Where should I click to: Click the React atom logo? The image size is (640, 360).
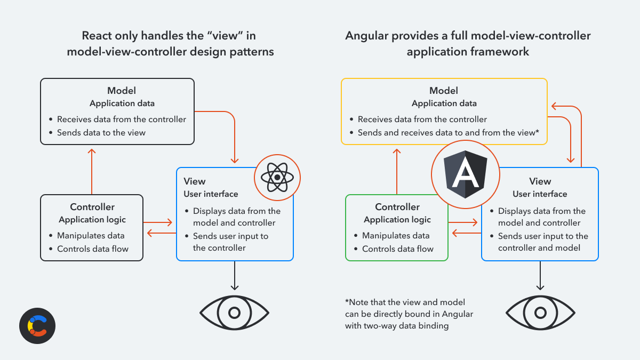tap(277, 178)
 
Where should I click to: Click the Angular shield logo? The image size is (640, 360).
tap(466, 174)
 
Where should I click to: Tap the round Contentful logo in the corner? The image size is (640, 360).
tap(37, 326)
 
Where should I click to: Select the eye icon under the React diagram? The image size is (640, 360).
tap(234, 313)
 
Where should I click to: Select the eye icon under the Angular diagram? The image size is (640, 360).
tap(540, 313)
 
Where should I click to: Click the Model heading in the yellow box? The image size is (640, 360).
tap(444, 91)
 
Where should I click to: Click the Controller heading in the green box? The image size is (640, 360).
tap(397, 207)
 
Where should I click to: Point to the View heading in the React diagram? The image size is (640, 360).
tap(195, 181)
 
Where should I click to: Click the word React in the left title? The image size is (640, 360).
tap(97, 36)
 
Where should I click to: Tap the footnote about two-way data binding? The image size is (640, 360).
tap(409, 314)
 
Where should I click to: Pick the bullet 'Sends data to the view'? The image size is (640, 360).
tap(101, 133)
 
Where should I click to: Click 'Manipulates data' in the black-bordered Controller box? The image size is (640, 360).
tap(91, 236)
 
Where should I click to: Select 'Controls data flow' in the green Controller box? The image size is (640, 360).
tap(398, 249)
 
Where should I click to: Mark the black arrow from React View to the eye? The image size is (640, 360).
tap(235, 275)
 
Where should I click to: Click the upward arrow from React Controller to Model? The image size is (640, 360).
tap(92, 171)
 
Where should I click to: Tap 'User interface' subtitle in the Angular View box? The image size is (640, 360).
tap(540, 194)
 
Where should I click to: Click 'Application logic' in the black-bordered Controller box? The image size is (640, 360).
tap(92, 220)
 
